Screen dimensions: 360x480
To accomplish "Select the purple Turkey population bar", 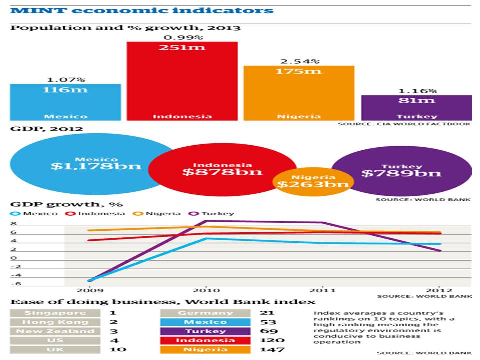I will pos(416,108).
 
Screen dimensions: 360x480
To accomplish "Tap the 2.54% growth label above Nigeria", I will pos(299,61).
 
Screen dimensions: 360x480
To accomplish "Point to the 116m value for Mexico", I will pos(65,90).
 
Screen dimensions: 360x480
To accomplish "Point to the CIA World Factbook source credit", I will pos(404,124).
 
